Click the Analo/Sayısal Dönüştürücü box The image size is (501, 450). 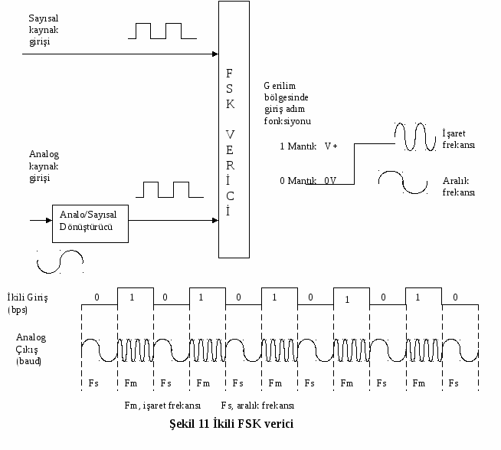[x=90, y=224]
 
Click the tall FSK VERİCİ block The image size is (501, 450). [x=234, y=130]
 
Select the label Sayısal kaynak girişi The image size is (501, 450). [x=44, y=30]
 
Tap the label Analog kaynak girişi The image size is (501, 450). [x=44, y=166]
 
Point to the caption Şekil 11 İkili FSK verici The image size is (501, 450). [x=231, y=424]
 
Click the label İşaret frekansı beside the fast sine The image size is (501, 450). [x=459, y=139]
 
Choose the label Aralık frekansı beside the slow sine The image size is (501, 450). [x=459, y=186]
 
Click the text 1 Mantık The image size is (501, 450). [x=298, y=146]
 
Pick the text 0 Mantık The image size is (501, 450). [x=298, y=181]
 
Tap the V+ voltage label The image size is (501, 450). [x=331, y=146]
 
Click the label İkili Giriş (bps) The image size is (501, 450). [x=28, y=304]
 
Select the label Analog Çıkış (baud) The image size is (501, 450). [x=31, y=349]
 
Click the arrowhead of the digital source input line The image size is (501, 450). [x=215, y=54]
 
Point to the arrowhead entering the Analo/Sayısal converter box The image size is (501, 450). [x=49, y=220]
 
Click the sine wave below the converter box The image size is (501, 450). [x=60, y=261]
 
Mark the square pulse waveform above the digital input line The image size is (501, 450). [x=162, y=31]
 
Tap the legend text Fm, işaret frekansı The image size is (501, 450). [x=162, y=406]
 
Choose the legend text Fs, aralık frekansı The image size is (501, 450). [x=257, y=406]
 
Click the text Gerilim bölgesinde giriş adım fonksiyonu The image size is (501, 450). [x=287, y=103]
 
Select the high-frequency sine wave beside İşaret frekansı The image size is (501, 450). [x=415, y=136]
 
